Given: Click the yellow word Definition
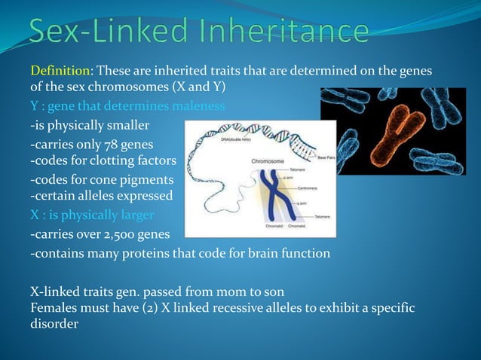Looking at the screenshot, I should (x=60, y=71).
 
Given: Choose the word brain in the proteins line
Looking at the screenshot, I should (x=246, y=253).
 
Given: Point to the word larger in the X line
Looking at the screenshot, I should (x=135, y=215).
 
